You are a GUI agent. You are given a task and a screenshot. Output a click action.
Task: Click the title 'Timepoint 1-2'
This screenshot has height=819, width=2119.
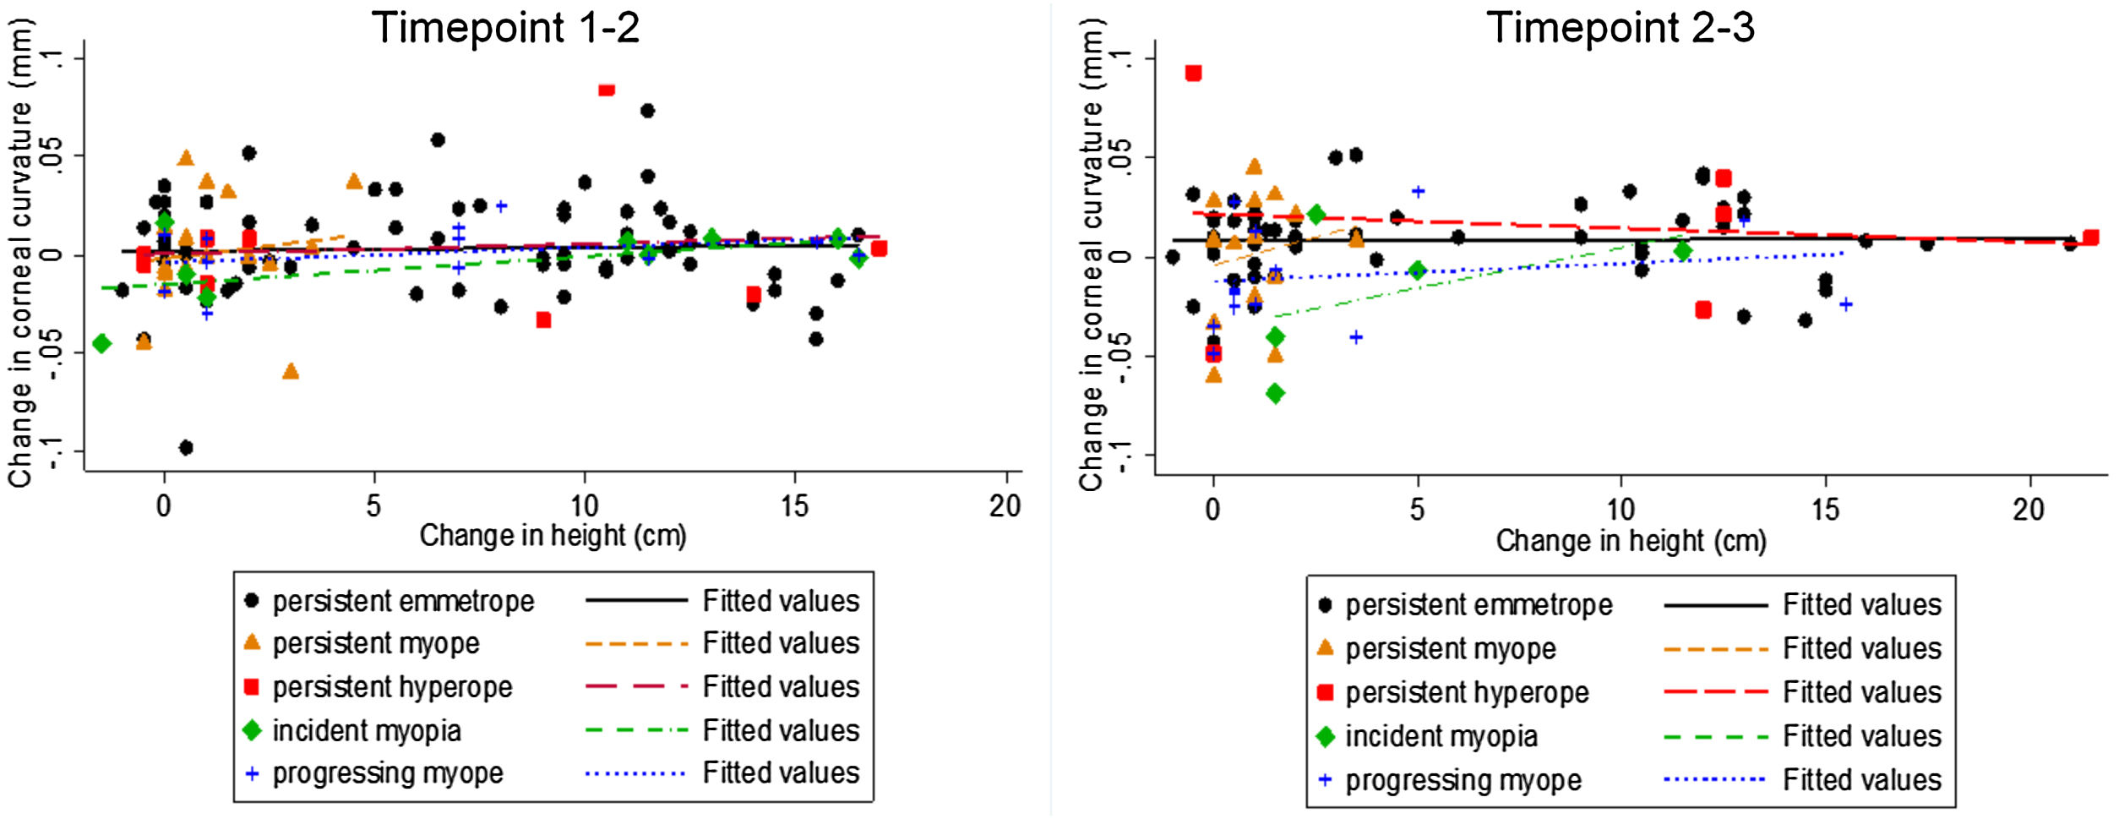(505, 28)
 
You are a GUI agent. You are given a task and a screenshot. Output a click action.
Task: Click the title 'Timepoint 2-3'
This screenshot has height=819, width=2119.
(1620, 28)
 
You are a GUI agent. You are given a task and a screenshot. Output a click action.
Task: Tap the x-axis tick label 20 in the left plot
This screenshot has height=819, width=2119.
(1005, 506)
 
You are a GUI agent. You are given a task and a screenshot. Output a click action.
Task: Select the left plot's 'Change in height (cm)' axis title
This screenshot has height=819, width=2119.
(553, 536)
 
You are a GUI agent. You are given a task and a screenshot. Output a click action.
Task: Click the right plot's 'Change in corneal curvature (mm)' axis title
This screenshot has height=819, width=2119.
(1091, 254)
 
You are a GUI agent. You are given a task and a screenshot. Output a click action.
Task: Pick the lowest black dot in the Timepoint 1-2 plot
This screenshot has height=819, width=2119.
(186, 447)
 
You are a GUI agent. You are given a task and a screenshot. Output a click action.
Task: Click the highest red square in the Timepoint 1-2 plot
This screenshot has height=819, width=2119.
(606, 89)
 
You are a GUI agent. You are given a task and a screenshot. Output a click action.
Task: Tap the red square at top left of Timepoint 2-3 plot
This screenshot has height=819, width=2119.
(1193, 74)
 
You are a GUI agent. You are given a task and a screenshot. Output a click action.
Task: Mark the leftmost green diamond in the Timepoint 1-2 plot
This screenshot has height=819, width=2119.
(102, 343)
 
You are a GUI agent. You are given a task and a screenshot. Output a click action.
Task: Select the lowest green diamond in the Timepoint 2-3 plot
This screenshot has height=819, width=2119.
(1275, 393)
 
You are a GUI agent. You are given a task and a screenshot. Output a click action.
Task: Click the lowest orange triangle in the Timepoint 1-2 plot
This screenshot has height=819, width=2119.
(291, 371)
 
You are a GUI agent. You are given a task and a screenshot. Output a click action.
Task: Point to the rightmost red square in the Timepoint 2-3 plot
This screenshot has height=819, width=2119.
(2090, 238)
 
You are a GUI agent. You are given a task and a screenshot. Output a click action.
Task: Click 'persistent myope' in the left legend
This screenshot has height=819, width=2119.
(375, 644)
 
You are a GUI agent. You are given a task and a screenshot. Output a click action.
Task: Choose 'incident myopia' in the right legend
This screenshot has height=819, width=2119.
(1441, 737)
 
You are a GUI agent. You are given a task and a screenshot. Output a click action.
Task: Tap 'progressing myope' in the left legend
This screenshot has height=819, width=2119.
(387, 773)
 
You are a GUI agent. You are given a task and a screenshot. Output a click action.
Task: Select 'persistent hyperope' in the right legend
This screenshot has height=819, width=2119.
(1467, 693)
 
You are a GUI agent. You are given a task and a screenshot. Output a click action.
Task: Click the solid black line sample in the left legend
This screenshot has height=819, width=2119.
(636, 601)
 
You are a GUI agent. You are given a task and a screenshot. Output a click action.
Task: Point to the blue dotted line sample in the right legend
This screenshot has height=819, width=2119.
(1714, 779)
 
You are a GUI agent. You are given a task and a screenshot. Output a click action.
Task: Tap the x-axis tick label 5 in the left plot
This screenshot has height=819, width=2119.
(373, 506)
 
